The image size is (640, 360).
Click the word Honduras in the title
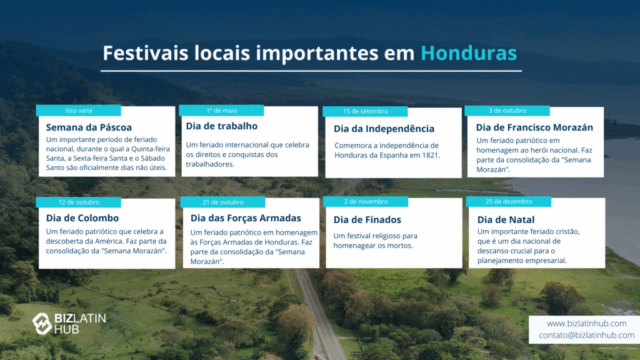coord(469,53)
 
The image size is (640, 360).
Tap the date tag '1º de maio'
coord(221,111)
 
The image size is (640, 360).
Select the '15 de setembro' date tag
coord(365,111)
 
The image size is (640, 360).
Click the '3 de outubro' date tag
coord(507,111)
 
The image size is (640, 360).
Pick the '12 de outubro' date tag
coord(78,202)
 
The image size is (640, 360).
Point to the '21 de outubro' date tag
coord(222,202)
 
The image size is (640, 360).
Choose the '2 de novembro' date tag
coord(366,202)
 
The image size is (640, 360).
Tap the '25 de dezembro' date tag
coord(509,202)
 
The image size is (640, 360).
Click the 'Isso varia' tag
coord(78,111)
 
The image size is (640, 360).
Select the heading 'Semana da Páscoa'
coord(89,127)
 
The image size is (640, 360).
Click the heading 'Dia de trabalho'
coord(222,126)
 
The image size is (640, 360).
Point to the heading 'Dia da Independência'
coord(384,129)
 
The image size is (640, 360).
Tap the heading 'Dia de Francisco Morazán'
coord(534,127)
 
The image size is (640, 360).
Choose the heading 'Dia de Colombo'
coord(82,218)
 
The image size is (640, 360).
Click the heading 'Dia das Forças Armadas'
coord(246,218)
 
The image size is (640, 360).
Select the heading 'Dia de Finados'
coord(367,219)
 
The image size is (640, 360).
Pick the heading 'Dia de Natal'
coord(506,219)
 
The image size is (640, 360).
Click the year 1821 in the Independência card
coord(431,155)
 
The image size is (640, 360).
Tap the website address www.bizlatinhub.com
coord(586,324)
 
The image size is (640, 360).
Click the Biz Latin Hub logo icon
coord(42,323)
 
